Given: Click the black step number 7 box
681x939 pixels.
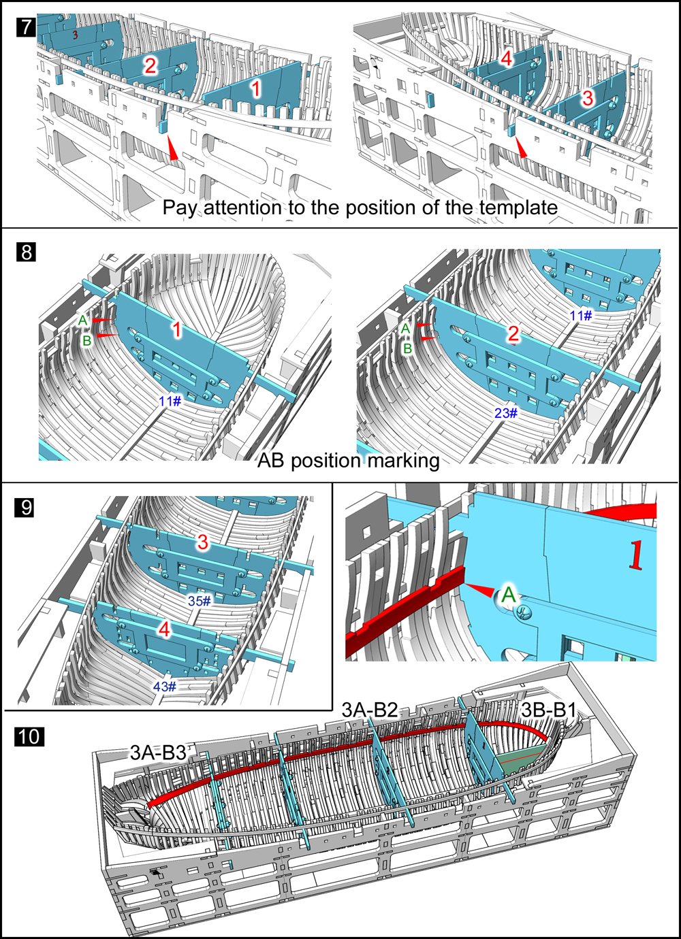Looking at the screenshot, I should click(x=25, y=28).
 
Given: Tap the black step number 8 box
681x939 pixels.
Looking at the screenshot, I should click(x=25, y=252).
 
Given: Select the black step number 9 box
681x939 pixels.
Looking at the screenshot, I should click(x=25, y=508).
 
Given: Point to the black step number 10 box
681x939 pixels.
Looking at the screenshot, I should click(x=29, y=737).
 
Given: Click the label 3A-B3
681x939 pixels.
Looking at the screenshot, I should click(x=158, y=751).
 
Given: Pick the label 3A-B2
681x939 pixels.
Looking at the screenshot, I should click(x=370, y=710).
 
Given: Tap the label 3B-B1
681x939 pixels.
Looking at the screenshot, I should click(x=549, y=710).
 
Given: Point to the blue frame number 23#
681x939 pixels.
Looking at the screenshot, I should click(x=506, y=413).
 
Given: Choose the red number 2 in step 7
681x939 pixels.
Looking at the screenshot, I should click(x=150, y=66).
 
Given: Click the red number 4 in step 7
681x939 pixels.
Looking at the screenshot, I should click(x=506, y=59).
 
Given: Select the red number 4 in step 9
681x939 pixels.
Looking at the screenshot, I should click(x=164, y=630).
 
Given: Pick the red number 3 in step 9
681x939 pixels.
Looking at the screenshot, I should click(x=202, y=543).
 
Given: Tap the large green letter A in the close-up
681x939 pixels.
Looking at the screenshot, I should click(x=509, y=595).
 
